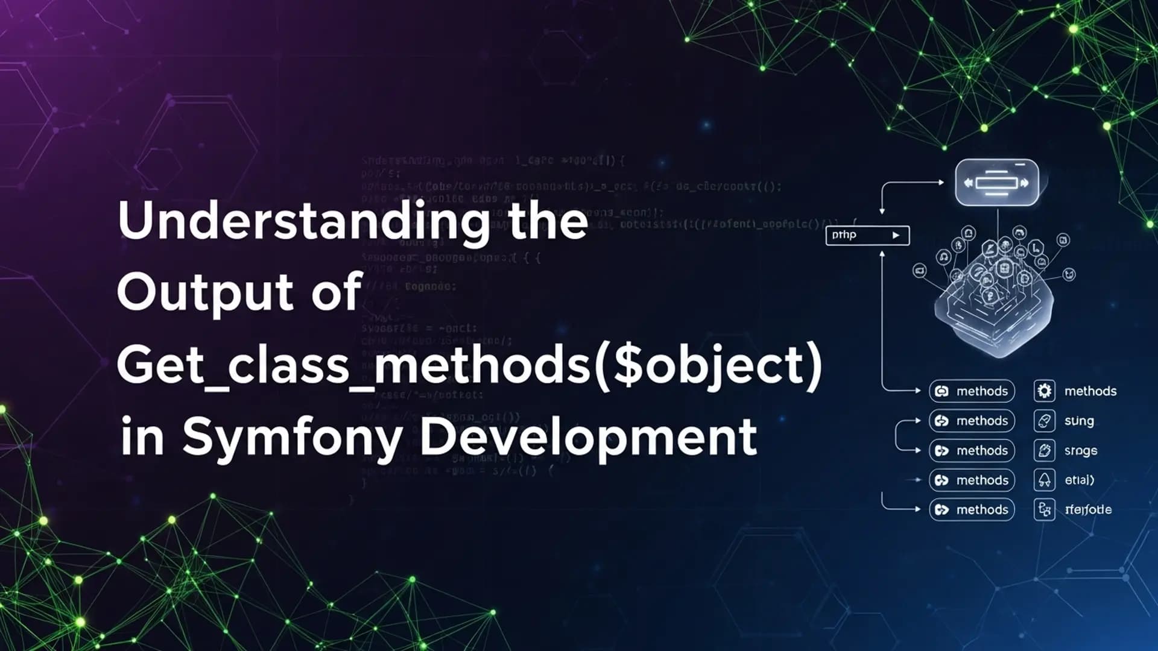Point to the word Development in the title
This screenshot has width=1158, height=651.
[588, 437]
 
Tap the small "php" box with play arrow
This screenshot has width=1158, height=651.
[867, 235]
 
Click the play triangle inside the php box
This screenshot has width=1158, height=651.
[896, 235]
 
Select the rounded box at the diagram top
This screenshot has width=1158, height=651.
[997, 183]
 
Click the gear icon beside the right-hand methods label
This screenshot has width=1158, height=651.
[1044, 391]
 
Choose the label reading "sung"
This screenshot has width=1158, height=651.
[1079, 421]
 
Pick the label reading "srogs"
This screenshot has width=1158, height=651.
[1081, 451]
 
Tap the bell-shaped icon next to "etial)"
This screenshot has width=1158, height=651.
[1044, 480]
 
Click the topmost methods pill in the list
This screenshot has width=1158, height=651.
[972, 391]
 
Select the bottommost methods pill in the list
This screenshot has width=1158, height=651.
[972, 510]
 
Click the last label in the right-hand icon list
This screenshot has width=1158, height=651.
[1088, 510]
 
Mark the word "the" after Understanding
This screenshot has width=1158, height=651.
[548, 221]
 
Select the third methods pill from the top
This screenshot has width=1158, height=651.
[972, 451]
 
